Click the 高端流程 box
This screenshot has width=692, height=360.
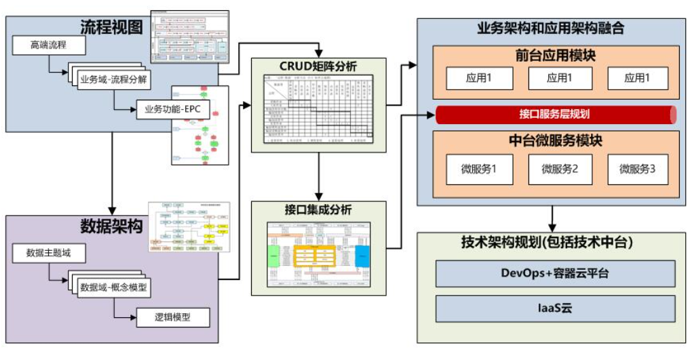point(49,46)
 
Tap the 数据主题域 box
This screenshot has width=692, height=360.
point(49,254)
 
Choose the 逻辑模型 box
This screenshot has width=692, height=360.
point(172,317)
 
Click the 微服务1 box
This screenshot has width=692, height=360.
point(479,169)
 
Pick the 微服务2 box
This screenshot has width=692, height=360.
point(560,169)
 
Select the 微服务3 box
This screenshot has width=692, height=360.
point(638,169)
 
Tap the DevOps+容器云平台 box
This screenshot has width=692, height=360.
point(555,273)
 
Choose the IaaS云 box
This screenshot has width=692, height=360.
point(555,308)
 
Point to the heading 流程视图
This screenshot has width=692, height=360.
point(111,27)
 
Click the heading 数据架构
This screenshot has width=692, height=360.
point(111,226)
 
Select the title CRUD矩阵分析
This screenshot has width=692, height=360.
point(318,66)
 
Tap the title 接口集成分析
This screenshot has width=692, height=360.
point(318,210)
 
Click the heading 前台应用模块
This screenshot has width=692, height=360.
point(556,56)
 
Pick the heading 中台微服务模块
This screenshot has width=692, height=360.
point(556,141)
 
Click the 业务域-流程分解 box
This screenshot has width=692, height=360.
point(114,77)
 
